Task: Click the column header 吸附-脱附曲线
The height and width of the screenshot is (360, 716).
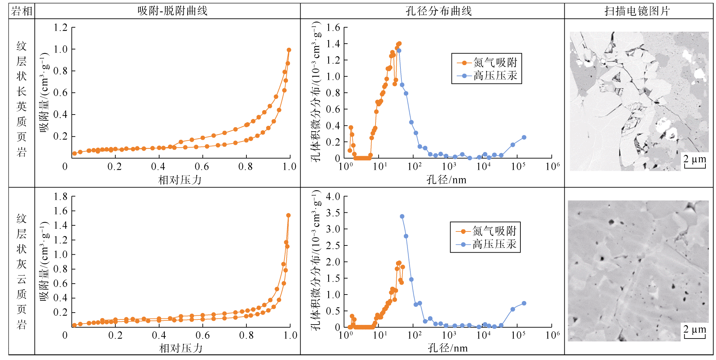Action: coord(172,11)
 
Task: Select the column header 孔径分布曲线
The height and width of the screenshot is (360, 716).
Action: coord(439,11)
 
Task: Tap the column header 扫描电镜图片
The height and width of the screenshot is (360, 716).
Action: coord(637,11)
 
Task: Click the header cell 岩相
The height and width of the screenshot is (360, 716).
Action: coord(21,11)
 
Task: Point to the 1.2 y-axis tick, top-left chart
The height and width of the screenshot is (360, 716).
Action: coord(61,28)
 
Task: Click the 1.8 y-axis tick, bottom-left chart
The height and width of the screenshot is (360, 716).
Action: coord(61,197)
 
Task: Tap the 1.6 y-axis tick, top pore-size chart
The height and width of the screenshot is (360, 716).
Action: coord(333,28)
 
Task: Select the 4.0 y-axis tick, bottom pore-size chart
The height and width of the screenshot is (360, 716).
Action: coord(333,197)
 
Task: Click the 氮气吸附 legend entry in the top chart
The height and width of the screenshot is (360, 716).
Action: coord(495,63)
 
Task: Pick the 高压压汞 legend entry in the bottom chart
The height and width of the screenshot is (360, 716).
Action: coord(494,244)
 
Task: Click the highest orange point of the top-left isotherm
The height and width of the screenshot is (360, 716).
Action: coord(289,50)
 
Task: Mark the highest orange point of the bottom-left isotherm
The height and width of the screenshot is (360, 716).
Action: coord(288,215)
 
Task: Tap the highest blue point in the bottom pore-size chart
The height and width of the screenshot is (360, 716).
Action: coord(402,216)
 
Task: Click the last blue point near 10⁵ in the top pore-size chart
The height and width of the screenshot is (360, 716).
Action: coord(524,137)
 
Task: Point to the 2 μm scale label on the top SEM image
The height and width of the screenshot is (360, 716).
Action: coord(695,159)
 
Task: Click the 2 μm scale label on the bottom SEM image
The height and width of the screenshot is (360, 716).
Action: coord(695,329)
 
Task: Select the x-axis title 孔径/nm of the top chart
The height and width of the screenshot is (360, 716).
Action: coord(446,180)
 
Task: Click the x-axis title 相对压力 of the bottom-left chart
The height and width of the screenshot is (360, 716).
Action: coord(181,348)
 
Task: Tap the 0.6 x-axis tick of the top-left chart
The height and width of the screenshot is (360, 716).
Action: coord(202,167)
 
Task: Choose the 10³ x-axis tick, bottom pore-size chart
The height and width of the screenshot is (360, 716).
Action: coord(449,335)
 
